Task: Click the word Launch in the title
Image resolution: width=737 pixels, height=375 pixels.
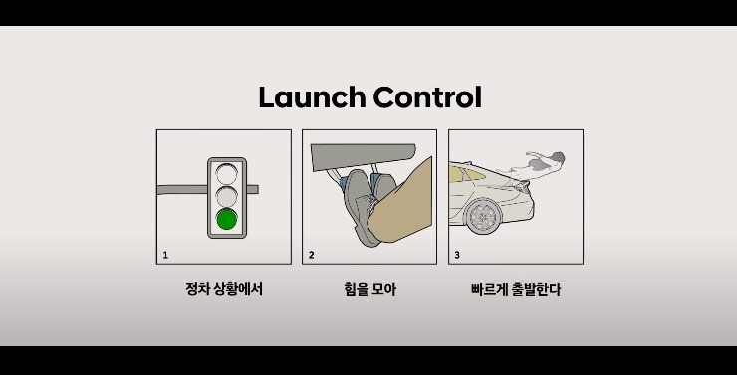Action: click(312, 97)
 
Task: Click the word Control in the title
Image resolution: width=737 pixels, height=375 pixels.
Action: click(427, 97)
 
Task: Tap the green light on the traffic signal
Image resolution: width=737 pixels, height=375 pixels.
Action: click(226, 220)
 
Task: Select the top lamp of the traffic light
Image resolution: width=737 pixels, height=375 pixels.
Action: click(226, 174)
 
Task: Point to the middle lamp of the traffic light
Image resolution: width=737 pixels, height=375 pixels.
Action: click(226, 197)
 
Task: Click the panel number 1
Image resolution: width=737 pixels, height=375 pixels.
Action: click(165, 256)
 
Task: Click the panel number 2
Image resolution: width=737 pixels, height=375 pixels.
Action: click(311, 256)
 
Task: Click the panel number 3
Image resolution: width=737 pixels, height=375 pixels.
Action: click(457, 256)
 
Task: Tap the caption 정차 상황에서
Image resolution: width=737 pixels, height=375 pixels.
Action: click(224, 289)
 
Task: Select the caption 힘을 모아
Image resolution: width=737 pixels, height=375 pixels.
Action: click(369, 289)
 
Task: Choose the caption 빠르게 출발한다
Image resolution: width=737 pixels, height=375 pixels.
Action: click(516, 289)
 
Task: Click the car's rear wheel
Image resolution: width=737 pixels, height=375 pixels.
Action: click(483, 217)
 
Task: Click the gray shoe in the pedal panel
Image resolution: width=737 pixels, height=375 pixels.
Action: click(362, 208)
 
